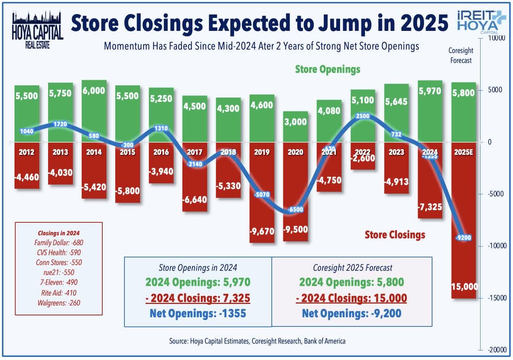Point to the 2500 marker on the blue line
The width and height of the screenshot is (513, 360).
pos(363,116)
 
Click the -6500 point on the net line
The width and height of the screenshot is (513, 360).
pos(296,210)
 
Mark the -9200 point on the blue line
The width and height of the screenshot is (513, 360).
pos(464,238)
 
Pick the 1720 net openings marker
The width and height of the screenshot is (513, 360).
pos(60,124)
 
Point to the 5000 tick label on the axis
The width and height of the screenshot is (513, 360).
pos(495,90)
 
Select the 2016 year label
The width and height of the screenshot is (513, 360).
pos(161,152)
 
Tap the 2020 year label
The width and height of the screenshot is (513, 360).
pos(295,152)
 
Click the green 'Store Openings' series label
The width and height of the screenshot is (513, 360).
pos(327,69)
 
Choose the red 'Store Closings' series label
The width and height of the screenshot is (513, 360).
pos(395,235)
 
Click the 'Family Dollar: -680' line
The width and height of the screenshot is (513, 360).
pos(59,243)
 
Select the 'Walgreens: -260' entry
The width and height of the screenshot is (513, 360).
pos(59,303)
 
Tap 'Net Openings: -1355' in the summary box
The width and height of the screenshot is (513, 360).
pos(198,313)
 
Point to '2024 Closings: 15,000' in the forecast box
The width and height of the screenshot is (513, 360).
pos(352,298)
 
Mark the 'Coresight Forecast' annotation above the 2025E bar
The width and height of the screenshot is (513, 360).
pos(461,55)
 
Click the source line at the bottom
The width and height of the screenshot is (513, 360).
pos(257,341)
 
